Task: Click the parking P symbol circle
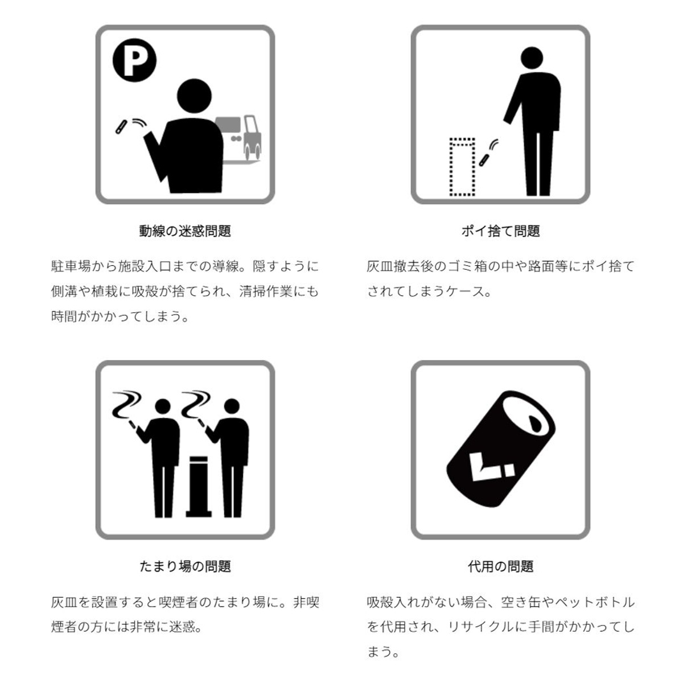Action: point(134,60)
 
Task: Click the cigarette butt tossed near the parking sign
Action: point(121,127)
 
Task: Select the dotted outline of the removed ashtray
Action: point(462,167)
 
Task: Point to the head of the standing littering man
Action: point(532,58)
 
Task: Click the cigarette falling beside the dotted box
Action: point(484,159)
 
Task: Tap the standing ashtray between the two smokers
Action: point(199,487)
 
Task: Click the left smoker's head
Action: point(163,406)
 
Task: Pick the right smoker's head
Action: point(232,406)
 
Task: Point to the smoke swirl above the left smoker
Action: point(126,405)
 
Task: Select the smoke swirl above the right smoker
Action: point(196,405)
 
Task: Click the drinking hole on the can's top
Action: point(534,422)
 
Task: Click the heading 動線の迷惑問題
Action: point(185,231)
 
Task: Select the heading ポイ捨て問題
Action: point(500,231)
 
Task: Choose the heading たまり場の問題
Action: point(185,566)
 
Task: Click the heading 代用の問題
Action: point(500,566)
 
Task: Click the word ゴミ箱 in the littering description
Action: point(469,266)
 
